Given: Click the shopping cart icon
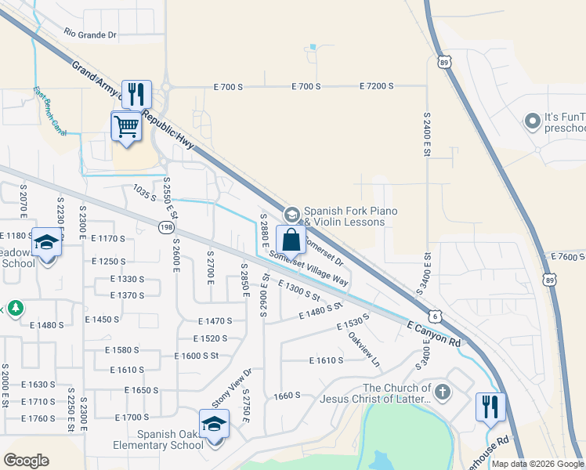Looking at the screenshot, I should point(126,125).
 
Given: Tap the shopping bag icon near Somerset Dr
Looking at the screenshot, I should point(291,240).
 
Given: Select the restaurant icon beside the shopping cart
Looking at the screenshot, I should point(138,94).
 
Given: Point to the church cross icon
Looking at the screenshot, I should point(443,392).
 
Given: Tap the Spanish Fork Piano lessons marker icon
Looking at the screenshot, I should point(291,214).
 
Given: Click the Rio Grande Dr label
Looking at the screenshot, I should point(90,34).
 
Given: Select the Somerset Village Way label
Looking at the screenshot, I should point(309,267).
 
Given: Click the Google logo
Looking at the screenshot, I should point(27,461).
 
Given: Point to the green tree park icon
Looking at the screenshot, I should point(13,309).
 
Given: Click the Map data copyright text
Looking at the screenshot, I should point(537,464).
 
